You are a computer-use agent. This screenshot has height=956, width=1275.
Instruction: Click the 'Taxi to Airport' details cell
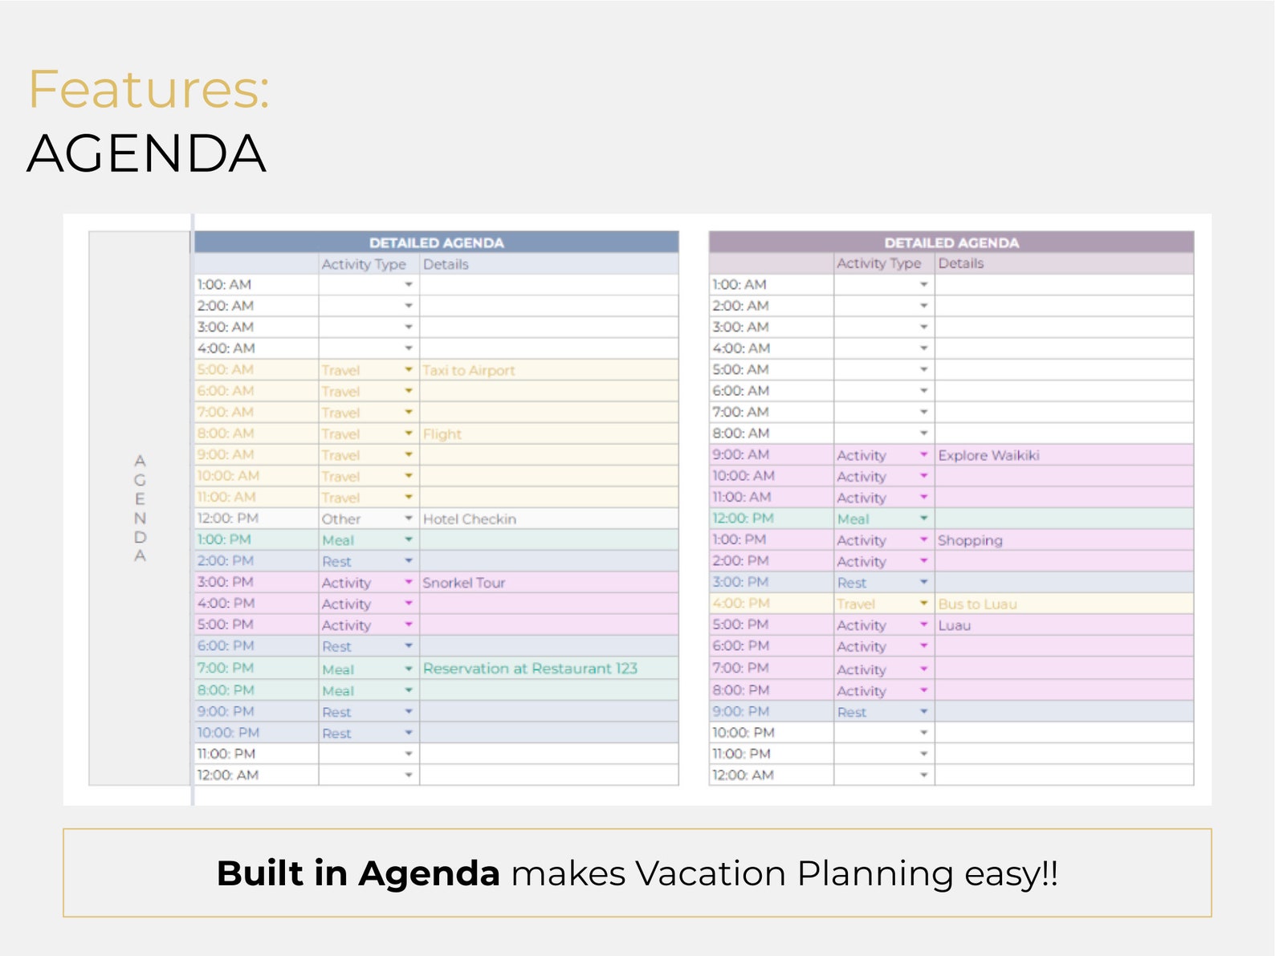(x=469, y=370)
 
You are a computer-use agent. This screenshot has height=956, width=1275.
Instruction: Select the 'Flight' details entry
(x=442, y=434)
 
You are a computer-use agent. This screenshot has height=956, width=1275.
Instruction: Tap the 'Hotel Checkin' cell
(x=470, y=519)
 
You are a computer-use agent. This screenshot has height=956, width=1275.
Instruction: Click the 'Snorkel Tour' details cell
(x=464, y=583)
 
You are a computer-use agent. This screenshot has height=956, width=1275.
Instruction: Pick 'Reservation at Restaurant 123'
(x=530, y=669)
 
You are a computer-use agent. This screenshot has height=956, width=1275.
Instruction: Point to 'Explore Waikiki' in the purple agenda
(x=988, y=455)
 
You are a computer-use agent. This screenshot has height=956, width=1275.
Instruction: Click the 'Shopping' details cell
(x=970, y=540)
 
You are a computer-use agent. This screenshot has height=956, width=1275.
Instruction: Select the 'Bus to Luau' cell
(x=977, y=604)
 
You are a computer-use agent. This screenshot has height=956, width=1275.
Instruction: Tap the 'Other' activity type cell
(x=341, y=519)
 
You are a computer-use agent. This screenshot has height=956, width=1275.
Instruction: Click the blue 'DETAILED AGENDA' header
(x=436, y=242)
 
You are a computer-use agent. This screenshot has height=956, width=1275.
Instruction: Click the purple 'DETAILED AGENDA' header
(x=951, y=242)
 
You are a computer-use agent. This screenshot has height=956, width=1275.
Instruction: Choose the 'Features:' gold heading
(x=149, y=89)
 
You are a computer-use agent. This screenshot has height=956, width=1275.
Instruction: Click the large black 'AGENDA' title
(x=146, y=153)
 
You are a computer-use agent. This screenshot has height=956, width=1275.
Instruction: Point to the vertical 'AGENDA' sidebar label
(x=140, y=508)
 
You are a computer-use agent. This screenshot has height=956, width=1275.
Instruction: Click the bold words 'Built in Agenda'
(x=358, y=873)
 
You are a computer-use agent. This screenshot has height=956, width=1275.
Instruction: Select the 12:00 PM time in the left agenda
(x=228, y=519)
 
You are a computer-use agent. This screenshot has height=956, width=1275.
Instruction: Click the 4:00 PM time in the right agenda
(x=740, y=603)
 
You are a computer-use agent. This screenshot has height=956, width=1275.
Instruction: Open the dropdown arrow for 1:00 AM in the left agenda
(x=409, y=285)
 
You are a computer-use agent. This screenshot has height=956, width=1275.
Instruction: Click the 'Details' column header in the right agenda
(x=960, y=263)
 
